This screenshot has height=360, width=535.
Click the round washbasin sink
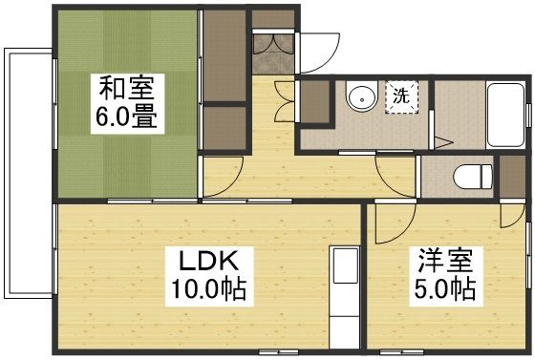(x=361, y=98)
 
